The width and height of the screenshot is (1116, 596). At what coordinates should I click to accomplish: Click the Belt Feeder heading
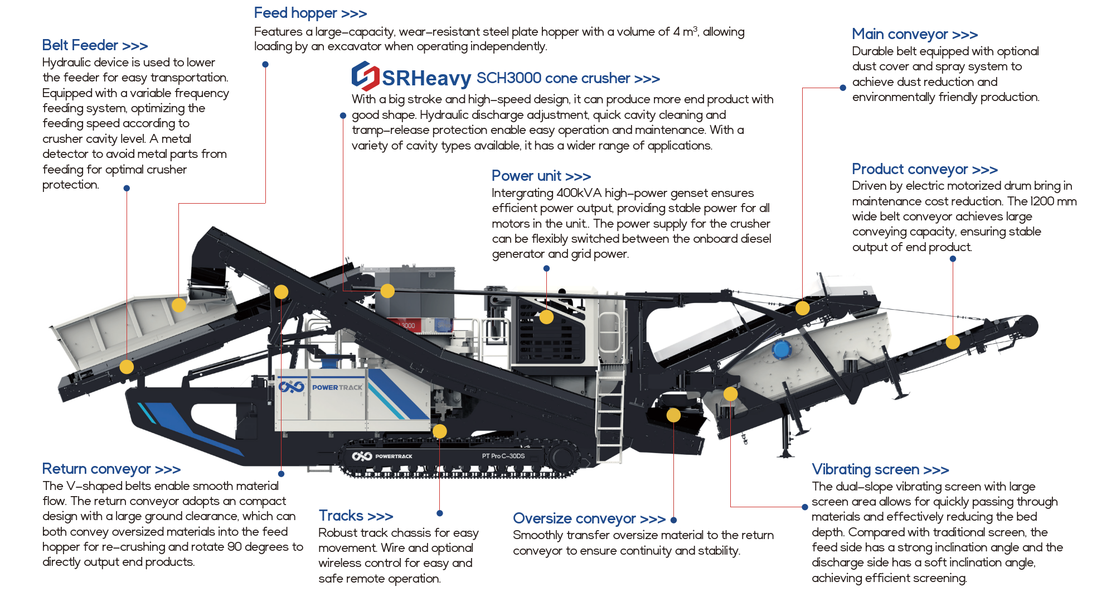[x=95, y=45]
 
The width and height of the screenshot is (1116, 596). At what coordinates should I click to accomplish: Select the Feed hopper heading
[x=310, y=13]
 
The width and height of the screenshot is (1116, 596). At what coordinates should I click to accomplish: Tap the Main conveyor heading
[x=914, y=34]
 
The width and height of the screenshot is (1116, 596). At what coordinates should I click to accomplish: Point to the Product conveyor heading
[x=924, y=169]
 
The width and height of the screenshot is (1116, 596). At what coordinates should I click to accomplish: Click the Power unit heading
[x=541, y=176]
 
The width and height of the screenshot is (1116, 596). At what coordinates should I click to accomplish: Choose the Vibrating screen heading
[x=880, y=469]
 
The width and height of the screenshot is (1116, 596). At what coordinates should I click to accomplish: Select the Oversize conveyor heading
[x=589, y=518]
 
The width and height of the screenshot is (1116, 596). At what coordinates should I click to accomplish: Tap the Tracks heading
[x=356, y=516]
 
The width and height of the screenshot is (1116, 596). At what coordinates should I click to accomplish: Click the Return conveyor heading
[x=111, y=469]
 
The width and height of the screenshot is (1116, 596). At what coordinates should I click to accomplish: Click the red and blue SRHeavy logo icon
[x=365, y=76]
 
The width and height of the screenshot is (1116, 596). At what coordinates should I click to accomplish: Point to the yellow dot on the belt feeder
[x=127, y=367]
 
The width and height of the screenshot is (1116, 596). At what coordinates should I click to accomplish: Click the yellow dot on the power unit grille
[x=546, y=317]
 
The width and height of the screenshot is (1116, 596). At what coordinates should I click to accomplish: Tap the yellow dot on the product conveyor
[x=953, y=342]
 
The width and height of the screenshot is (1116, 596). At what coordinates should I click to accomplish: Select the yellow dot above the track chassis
[x=439, y=431]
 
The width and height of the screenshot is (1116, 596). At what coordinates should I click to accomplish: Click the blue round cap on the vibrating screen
[x=781, y=350]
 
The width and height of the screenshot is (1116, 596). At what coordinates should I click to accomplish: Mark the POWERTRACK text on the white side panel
[x=337, y=387]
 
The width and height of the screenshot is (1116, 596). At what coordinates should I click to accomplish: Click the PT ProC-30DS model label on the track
[x=503, y=456]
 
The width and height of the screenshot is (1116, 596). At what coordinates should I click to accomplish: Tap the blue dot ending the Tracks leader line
[x=440, y=513]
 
